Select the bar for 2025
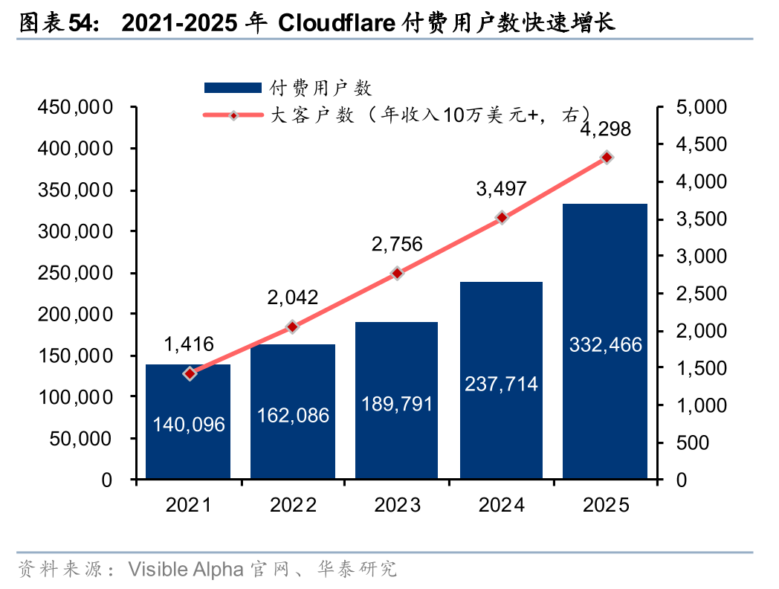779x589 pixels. click(x=605, y=341)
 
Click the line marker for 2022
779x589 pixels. click(x=292, y=326)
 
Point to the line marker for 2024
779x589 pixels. click(x=502, y=218)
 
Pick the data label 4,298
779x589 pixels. click(x=605, y=129)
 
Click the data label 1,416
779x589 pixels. click(x=189, y=344)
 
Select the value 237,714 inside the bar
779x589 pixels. click(x=501, y=384)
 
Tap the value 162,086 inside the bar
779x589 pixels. click(x=293, y=415)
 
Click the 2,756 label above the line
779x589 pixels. click(x=397, y=244)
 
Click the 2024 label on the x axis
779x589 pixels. click(x=501, y=506)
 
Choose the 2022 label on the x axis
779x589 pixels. click(x=293, y=506)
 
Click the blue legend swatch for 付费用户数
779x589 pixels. click(x=233, y=88)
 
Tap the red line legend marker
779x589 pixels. click(x=233, y=115)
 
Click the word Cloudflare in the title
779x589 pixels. click(x=335, y=24)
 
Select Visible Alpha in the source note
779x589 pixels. click(x=185, y=570)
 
